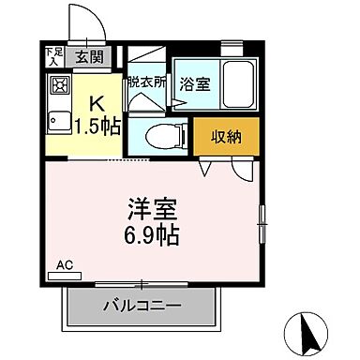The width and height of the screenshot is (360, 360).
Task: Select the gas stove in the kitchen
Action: [x=58, y=88]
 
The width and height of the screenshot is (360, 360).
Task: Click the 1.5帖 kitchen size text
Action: [x=98, y=126]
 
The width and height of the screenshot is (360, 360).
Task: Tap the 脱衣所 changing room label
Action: [x=146, y=82]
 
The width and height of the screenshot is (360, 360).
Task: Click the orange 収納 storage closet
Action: [x=226, y=136]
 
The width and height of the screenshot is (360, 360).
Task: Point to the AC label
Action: [x=66, y=265]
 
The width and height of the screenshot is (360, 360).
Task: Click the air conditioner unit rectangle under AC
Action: [x=65, y=276]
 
